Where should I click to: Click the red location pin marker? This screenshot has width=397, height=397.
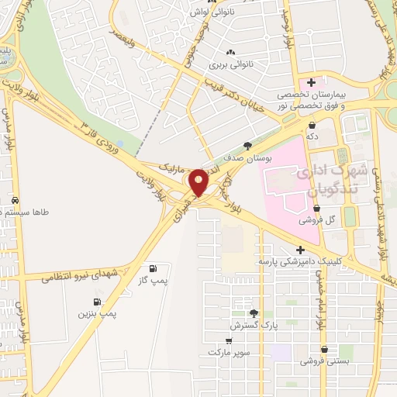pyautogui.click(x=199, y=183)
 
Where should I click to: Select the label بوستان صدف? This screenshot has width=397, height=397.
pyautogui.click(x=249, y=157)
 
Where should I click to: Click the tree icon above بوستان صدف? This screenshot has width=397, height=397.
pyautogui.click(x=247, y=145)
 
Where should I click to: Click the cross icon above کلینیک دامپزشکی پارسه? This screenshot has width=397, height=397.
pyautogui.click(x=299, y=250)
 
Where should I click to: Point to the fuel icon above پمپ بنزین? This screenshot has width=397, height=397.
pyautogui.click(x=97, y=302)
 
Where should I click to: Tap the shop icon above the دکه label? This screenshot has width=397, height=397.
pyautogui.click(x=312, y=124)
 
